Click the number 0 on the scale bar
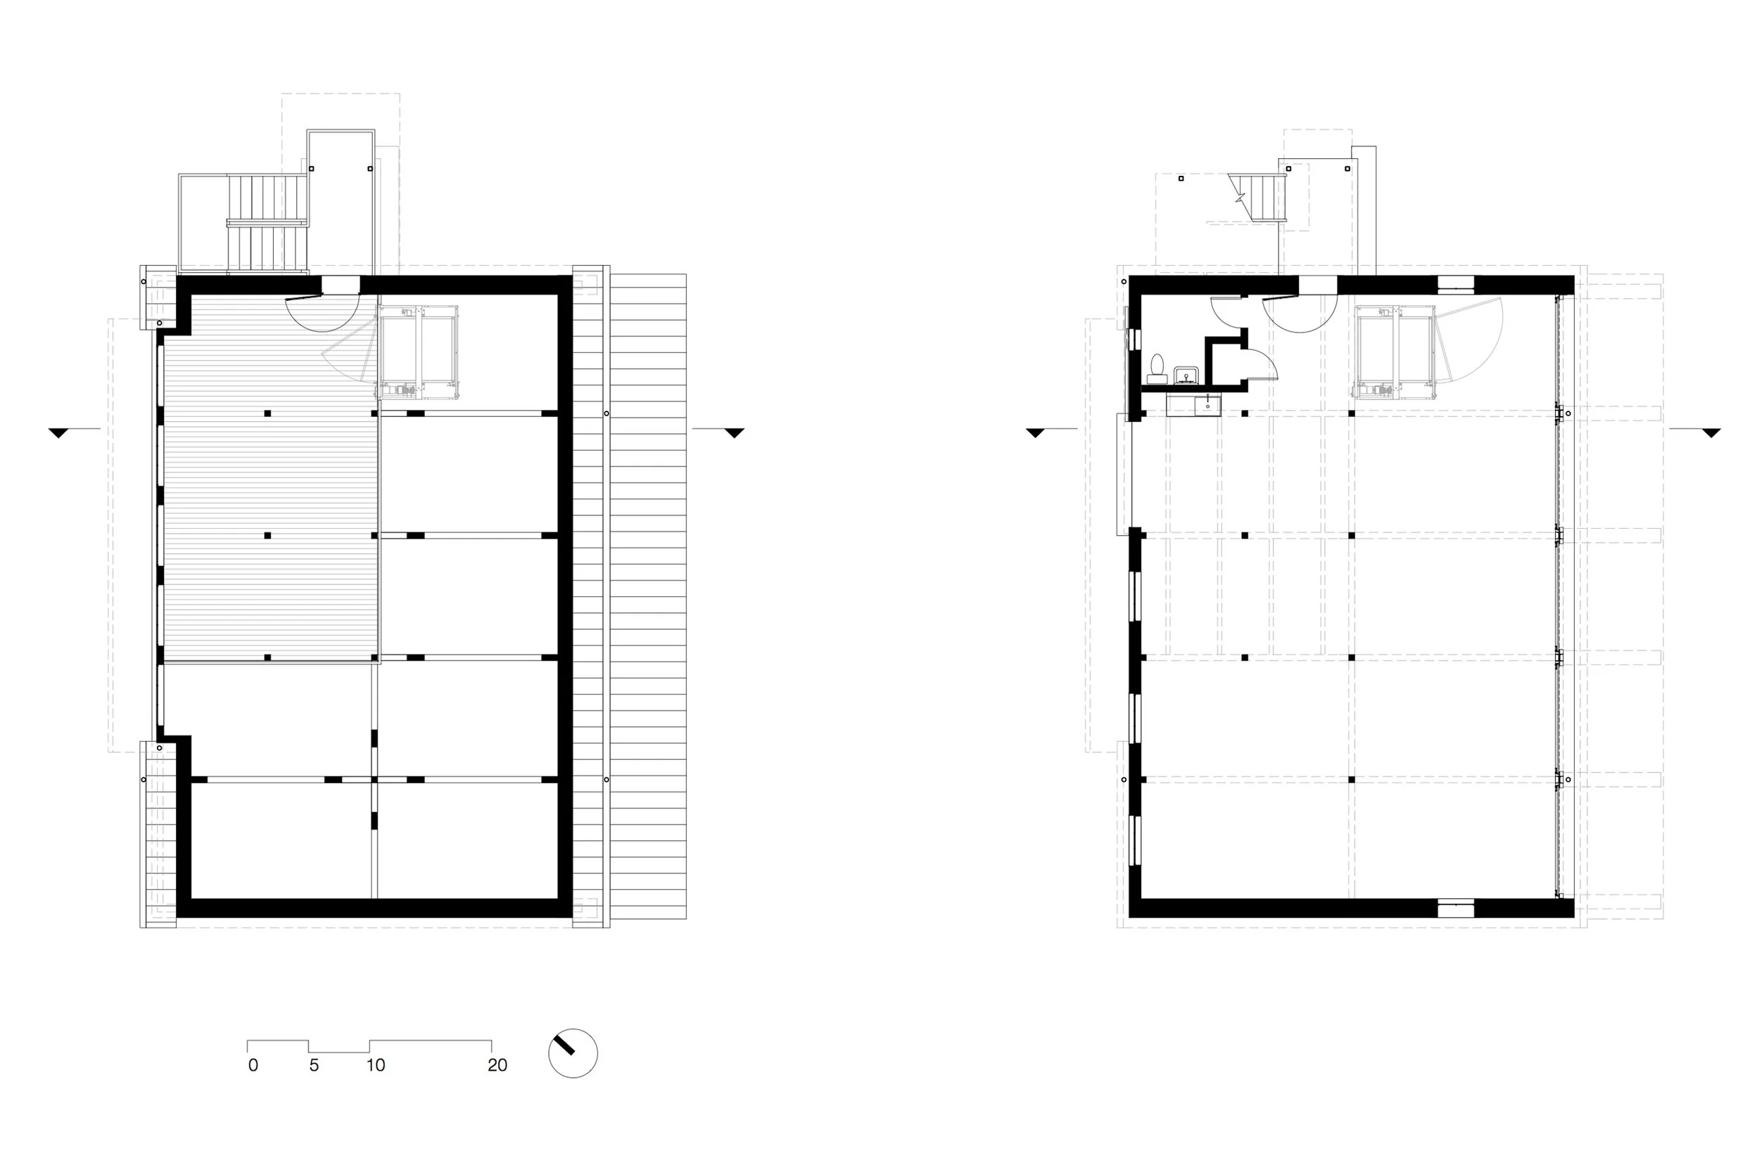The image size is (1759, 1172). coord(253,1065)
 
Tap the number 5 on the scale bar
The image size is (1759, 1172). coord(314,1065)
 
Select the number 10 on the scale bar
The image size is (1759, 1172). coord(376,1065)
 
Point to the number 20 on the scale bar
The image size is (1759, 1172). coord(497,1065)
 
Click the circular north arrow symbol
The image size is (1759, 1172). coord(573,1053)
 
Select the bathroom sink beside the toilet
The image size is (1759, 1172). coord(1187,375)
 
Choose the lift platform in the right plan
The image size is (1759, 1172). coord(1395,352)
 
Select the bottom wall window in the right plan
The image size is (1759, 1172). coord(1455,908)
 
